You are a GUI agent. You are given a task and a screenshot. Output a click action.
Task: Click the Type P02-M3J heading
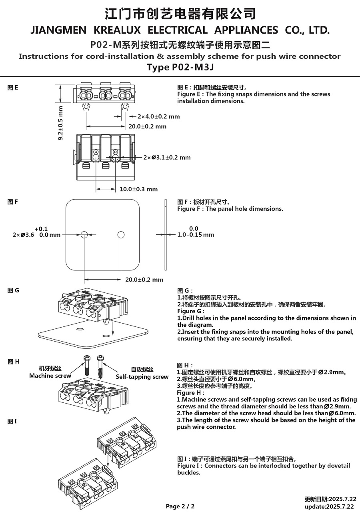180,67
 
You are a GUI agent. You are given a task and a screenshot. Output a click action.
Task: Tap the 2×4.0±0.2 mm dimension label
158,117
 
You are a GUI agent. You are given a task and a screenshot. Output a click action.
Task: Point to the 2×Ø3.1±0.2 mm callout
167,158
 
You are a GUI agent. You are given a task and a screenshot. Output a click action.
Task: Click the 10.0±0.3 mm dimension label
139,189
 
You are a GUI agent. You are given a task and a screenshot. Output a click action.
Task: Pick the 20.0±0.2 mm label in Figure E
147,126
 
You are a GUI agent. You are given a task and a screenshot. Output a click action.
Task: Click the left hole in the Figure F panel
84,235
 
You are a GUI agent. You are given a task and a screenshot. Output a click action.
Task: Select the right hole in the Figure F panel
121,235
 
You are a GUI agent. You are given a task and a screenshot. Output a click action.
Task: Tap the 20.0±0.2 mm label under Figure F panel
144,280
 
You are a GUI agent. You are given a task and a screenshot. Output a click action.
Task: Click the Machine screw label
50,376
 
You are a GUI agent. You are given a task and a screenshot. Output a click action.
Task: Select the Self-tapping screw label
142,376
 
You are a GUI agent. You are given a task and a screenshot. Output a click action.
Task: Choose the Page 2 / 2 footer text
180,506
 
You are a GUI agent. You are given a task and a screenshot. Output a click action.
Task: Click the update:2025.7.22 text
330,506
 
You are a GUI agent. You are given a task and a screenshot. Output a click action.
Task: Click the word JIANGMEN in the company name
58,30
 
